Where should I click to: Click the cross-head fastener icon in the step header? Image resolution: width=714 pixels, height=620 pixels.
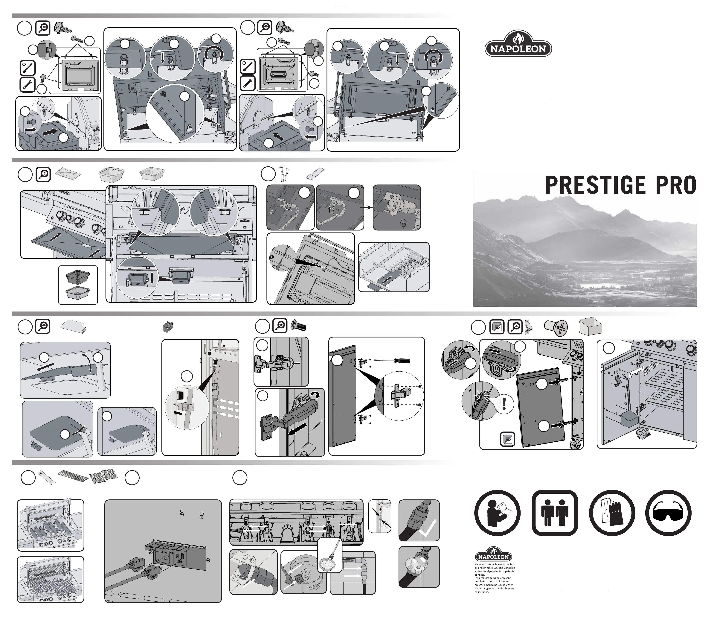(x=555, y=327)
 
